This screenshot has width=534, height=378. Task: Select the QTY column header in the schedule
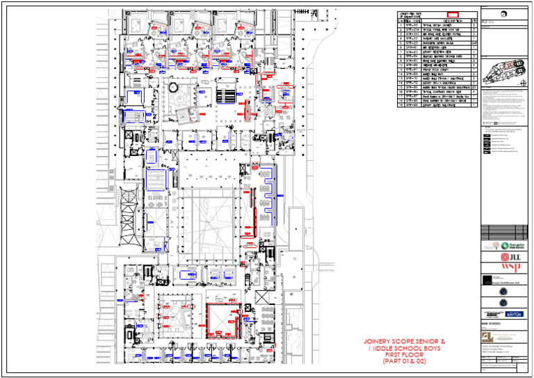click(x=474, y=21)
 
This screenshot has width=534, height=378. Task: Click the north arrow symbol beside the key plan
click(x=523, y=81)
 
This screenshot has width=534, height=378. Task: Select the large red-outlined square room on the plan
click(x=225, y=321)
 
